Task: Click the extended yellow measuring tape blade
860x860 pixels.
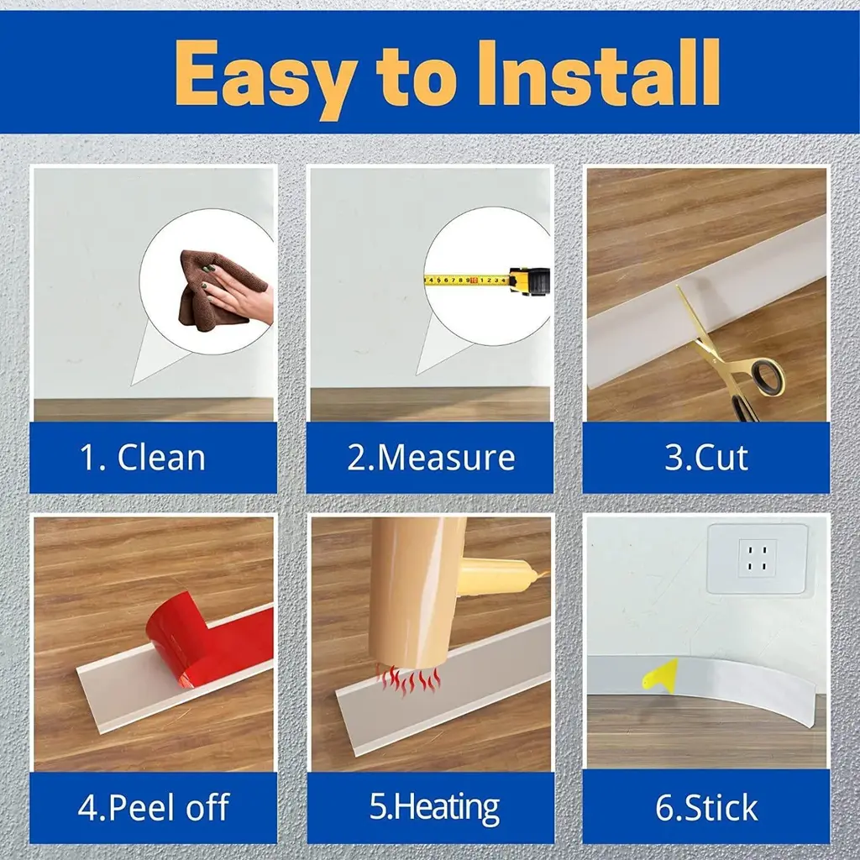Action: pos(467,281)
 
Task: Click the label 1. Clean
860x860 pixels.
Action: pos(143,458)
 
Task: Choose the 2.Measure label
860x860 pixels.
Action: pos(431,458)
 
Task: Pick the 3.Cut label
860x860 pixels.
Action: pos(706,457)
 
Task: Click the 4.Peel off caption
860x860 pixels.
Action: pos(154,807)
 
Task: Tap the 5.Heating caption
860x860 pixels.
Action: pos(434,807)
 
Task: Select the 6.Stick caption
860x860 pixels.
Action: pos(706,807)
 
